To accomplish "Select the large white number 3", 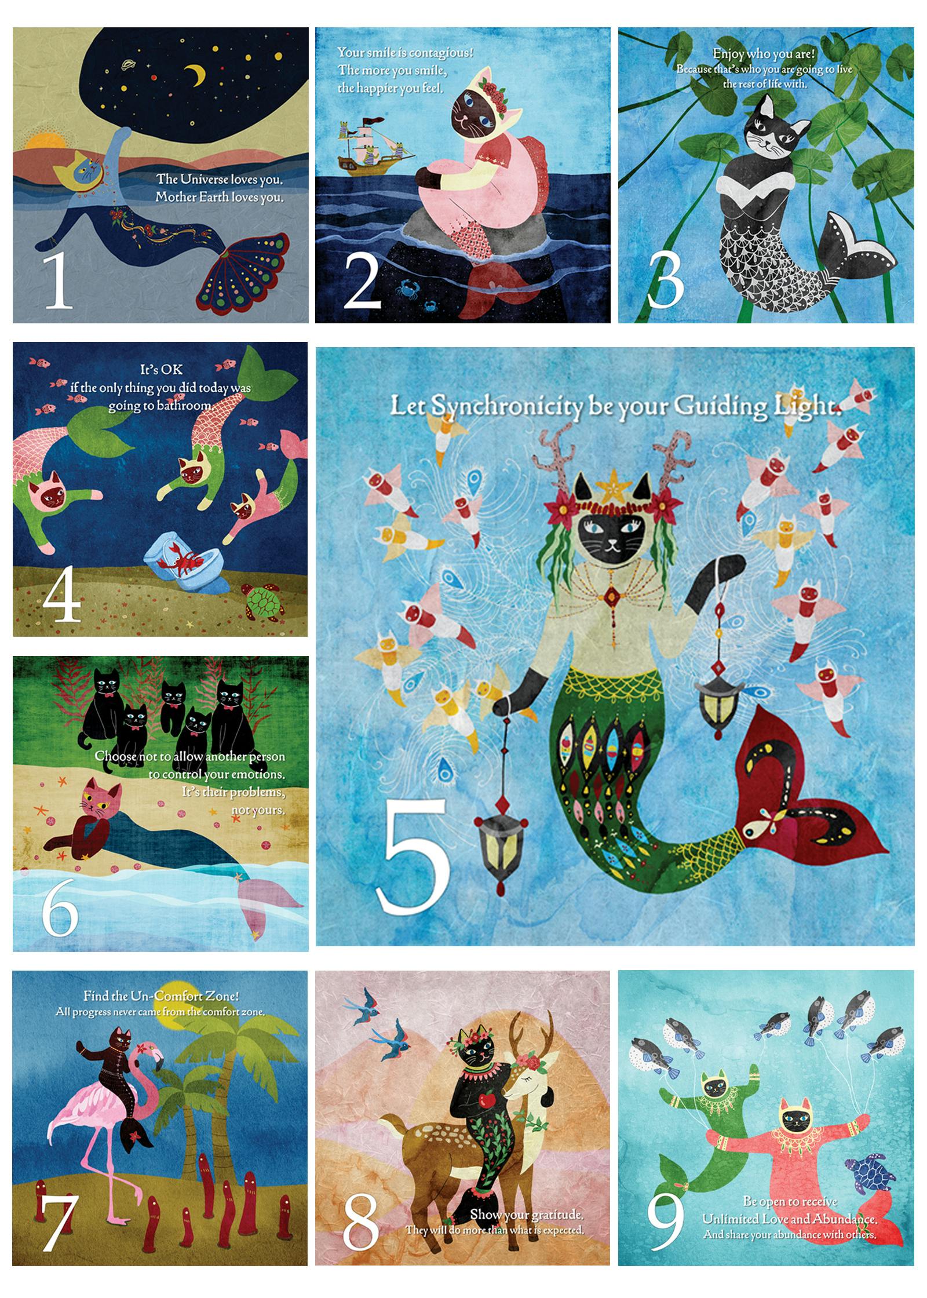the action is [665, 279].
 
